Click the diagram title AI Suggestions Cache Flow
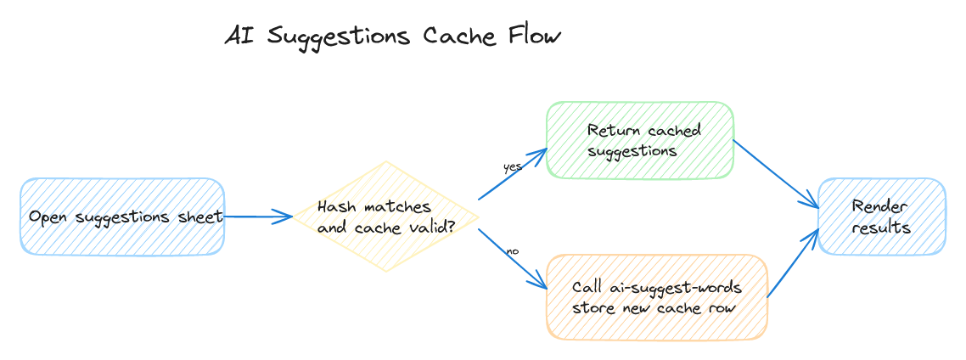click(x=392, y=37)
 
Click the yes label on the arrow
click(x=512, y=167)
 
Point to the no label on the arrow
click(x=512, y=251)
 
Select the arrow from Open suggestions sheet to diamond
click(x=258, y=217)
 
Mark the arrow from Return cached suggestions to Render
click(x=774, y=174)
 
